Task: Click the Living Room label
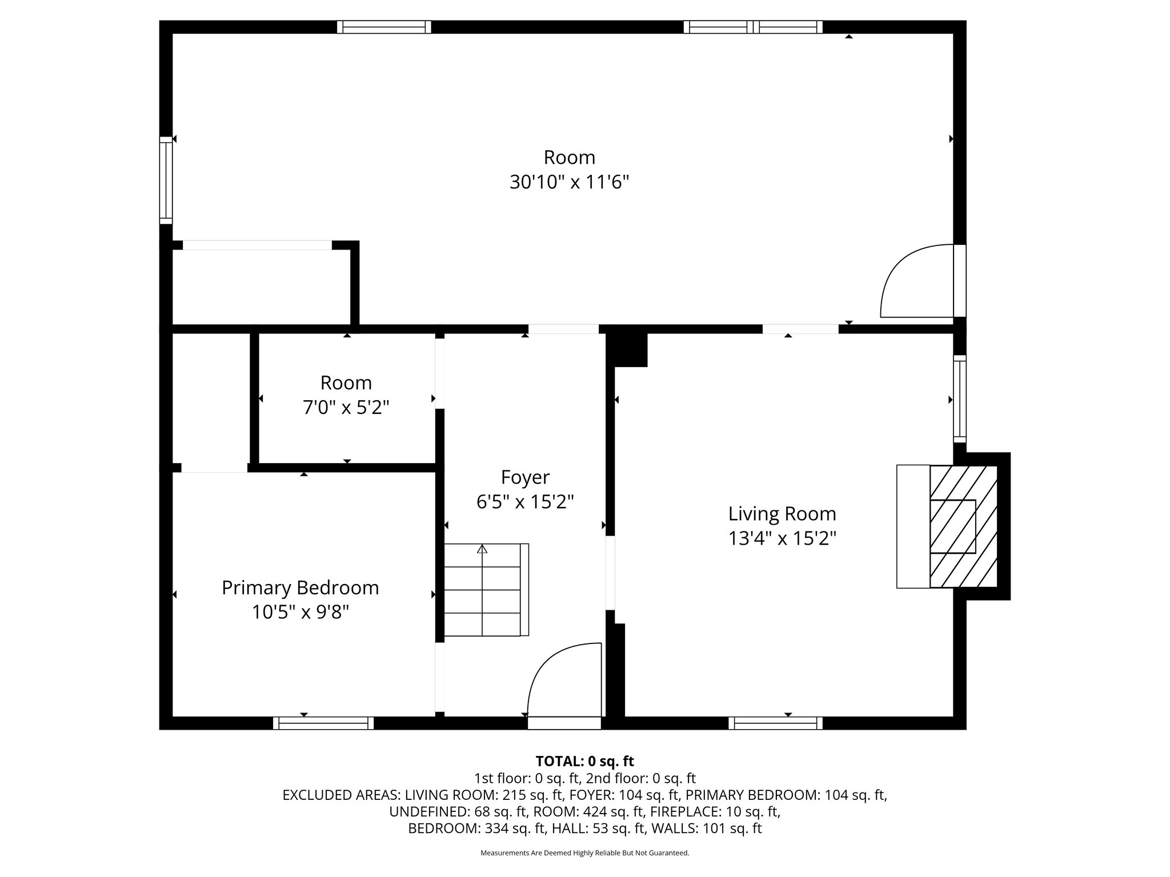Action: pyautogui.click(x=782, y=514)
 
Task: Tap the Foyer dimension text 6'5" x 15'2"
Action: pyautogui.click(x=525, y=502)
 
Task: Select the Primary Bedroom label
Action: pyautogui.click(x=300, y=588)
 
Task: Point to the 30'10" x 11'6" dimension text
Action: pyautogui.click(x=569, y=183)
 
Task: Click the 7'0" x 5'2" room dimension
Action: pyautogui.click(x=346, y=408)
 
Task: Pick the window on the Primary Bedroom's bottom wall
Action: pyautogui.click(x=323, y=723)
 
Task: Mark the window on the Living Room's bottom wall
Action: pyautogui.click(x=775, y=723)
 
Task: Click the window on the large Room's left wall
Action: pyautogui.click(x=166, y=180)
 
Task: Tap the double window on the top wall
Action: pyautogui.click(x=753, y=27)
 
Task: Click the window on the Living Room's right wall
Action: pyautogui.click(x=960, y=399)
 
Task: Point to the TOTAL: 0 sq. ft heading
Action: pyautogui.click(x=584, y=761)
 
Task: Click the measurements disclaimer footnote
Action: pyautogui.click(x=584, y=853)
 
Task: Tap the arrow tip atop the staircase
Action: pyautogui.click(x=482, y=549)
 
